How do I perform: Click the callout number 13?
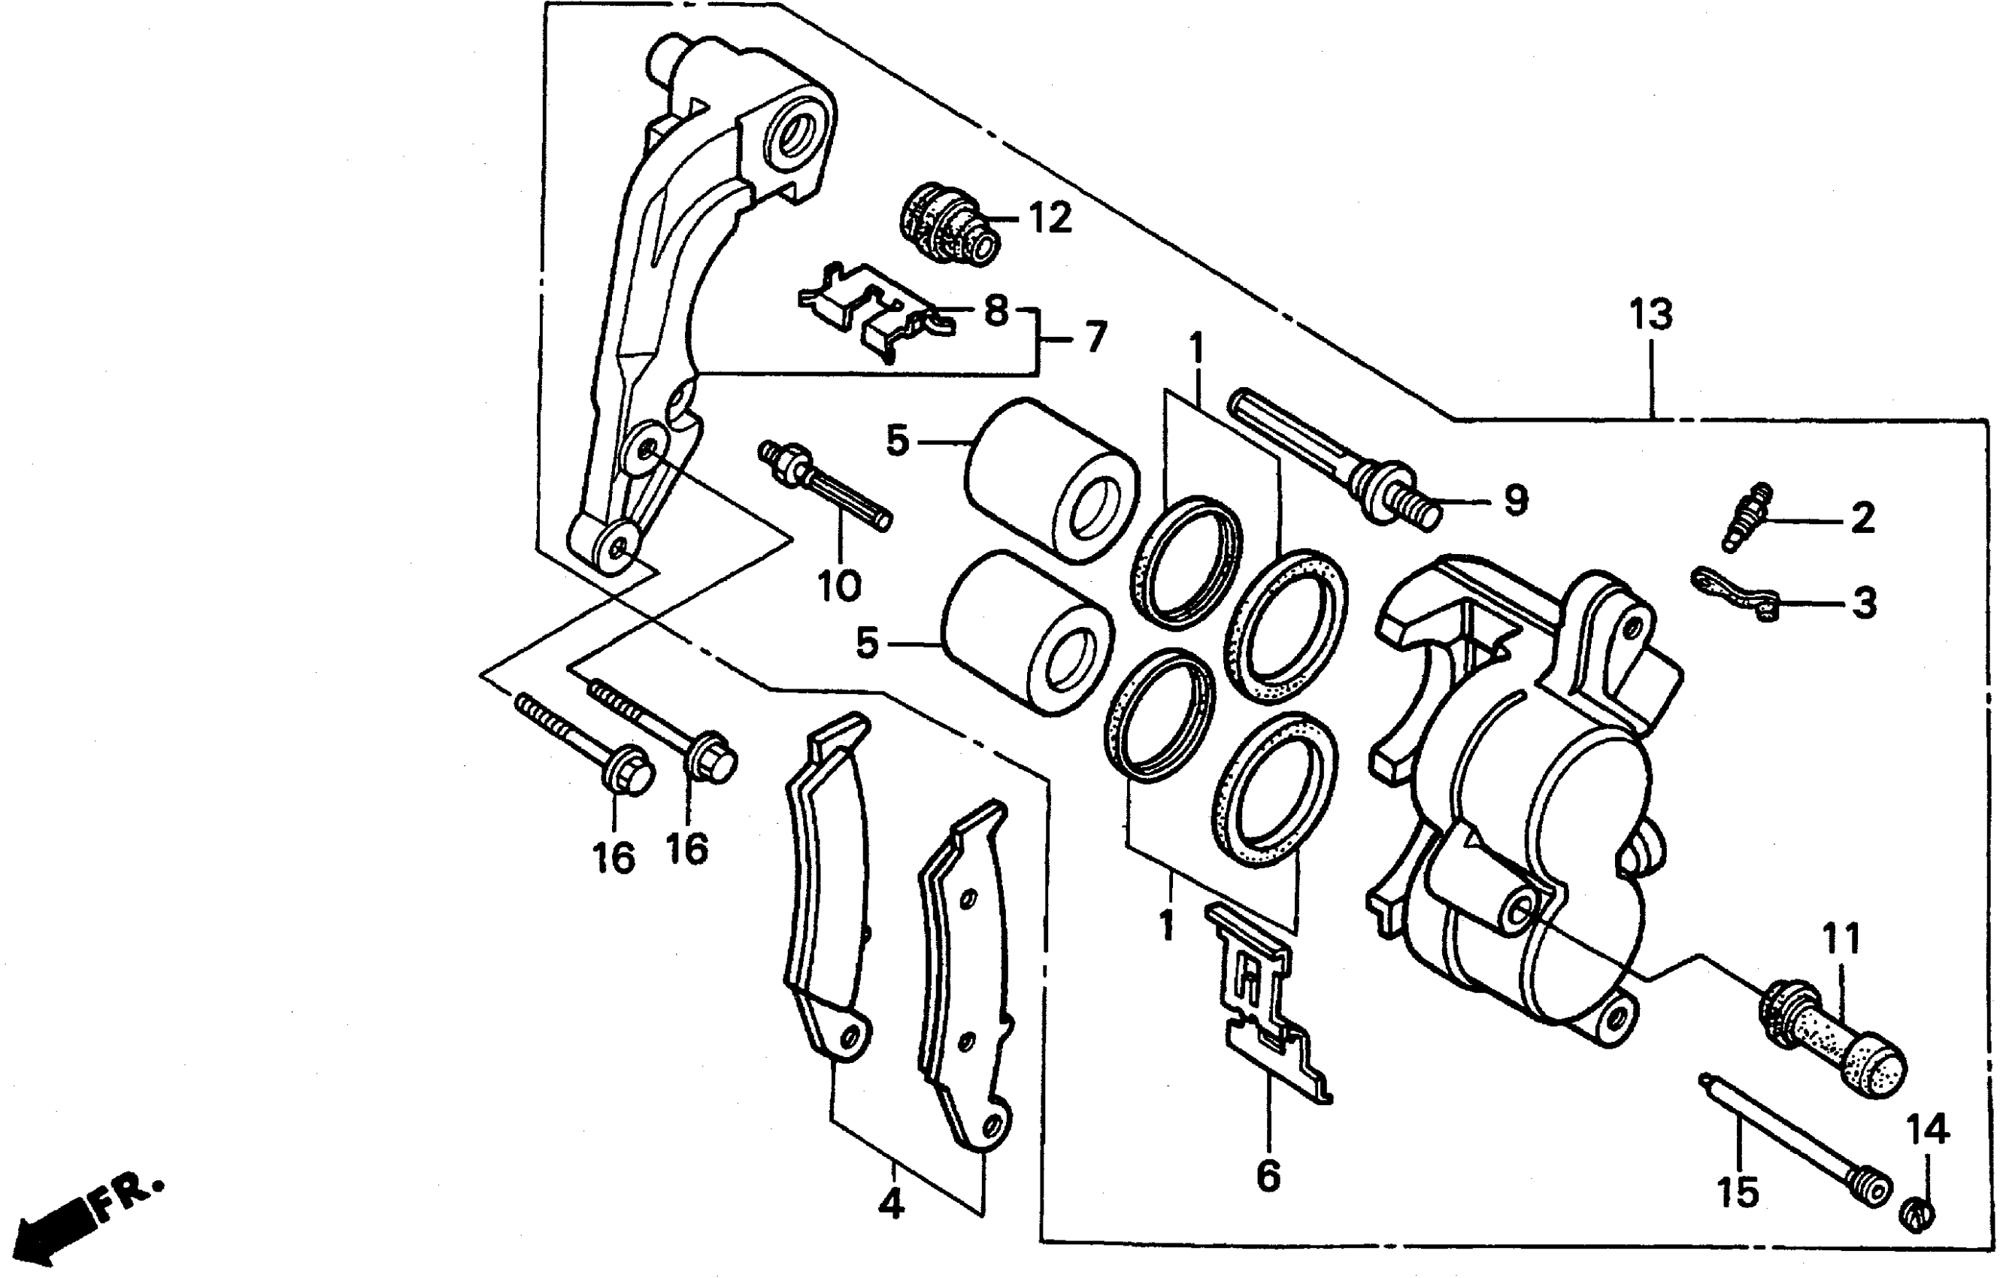coord(1650,316)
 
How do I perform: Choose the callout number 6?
coord(1268,1177)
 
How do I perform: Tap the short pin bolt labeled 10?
coord(824,486)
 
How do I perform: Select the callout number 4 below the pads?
coord(890,1202)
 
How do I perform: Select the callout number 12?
coord(1050,218)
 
